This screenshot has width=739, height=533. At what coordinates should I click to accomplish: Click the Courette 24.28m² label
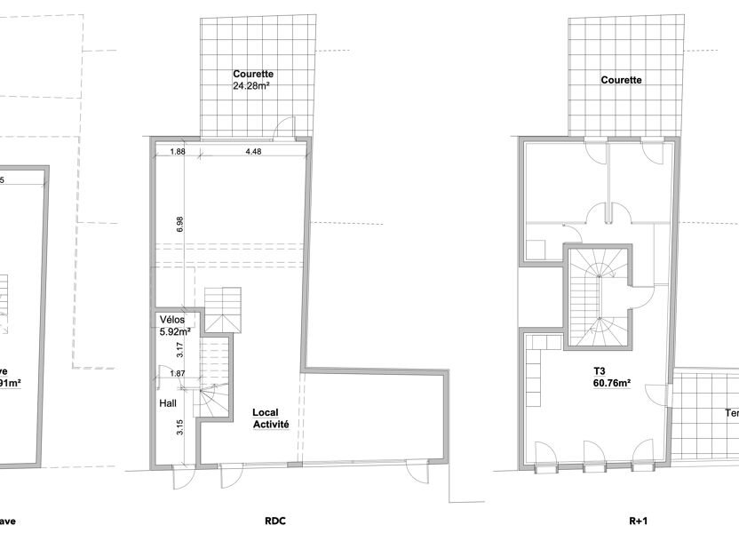pos(252,80)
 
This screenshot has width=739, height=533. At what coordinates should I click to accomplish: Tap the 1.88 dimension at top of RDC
pos(178,151)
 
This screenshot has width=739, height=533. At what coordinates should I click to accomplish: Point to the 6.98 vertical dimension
pos(180,225)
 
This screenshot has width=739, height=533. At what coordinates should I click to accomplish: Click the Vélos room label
pos(172,320)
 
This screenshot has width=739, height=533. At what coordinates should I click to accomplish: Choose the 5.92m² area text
pos(176,332)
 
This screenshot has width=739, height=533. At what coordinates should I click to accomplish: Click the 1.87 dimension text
pos(177,375)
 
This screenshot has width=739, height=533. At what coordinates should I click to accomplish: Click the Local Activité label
pos(270,418)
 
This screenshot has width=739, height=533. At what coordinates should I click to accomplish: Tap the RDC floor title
pos(274,521)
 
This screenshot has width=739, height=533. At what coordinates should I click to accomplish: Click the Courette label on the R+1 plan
pos(621,79)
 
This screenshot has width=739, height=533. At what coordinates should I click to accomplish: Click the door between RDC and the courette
pos(283,130)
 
